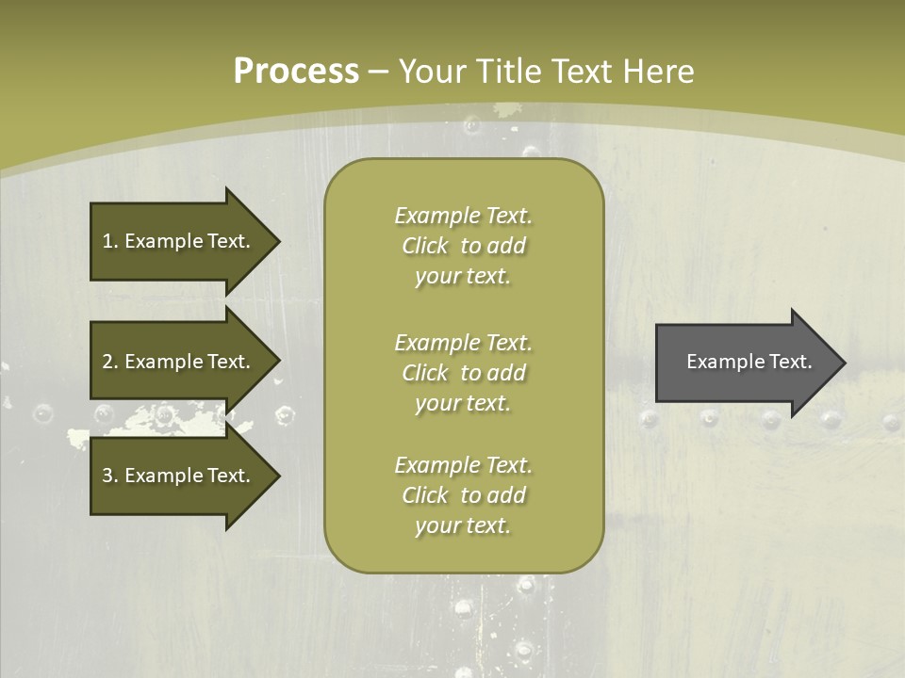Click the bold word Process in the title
[296, 72]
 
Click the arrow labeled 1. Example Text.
[179, 241]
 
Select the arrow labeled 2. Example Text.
[179, 362]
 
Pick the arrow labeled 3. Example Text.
[179, 476]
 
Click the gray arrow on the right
[745, 363]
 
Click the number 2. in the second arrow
[109, 362]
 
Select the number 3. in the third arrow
[109, 476]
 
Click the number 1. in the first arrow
[109, 241]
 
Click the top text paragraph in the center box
[463, 246]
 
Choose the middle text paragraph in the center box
[463, 373]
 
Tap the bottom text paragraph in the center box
[463, 495]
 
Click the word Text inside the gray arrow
[790, 362]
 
